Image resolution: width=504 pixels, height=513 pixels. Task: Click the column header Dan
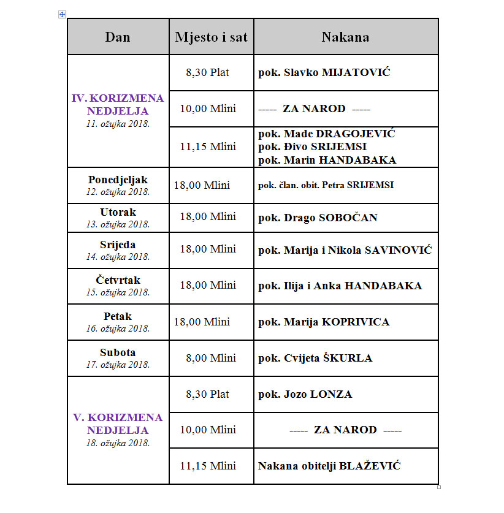[118, 37]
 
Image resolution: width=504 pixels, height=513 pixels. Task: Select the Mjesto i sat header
[211, 37]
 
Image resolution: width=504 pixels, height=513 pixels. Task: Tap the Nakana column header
[345, 37]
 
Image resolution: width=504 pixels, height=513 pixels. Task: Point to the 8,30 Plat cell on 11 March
[207, 72]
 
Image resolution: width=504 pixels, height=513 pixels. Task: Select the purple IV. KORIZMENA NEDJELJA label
[118, 104]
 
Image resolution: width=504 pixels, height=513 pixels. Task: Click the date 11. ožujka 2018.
[118, 123]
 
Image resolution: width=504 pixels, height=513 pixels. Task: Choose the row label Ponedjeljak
[118, 180]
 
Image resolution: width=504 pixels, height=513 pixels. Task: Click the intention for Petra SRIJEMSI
[326, 185]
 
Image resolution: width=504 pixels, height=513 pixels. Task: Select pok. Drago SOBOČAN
[318, 218]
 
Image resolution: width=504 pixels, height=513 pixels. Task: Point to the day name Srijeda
[118, 245]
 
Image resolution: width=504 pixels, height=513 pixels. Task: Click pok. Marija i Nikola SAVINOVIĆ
[345, 250]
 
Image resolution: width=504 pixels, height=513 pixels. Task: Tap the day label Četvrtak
[118, 281]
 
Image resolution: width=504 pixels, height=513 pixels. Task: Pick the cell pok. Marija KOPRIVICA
[323, 322]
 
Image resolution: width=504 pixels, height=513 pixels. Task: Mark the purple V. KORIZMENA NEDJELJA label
[118, 424]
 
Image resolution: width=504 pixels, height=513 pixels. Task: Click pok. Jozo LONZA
[305, 394]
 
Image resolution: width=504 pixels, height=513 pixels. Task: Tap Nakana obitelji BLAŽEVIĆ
[329, 466]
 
